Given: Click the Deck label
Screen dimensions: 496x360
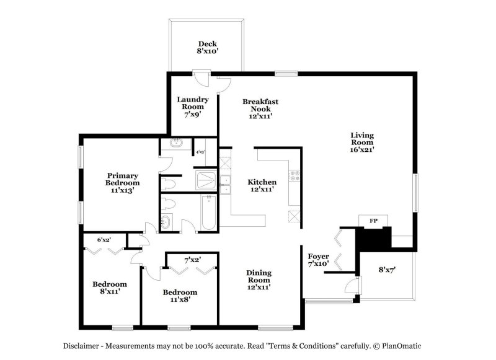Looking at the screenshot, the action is [x=208, y=48].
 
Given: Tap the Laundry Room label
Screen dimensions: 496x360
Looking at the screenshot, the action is [x=193, y=107].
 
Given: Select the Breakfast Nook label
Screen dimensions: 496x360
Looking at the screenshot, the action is [x=260, y=108].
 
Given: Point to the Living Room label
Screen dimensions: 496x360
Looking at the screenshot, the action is [x=362, y=143].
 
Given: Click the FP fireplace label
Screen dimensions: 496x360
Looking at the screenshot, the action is [x=373, y=221].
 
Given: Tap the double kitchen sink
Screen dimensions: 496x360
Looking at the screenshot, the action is [x=226, y=185].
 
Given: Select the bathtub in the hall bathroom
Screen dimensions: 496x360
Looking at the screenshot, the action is [x=208, y=213].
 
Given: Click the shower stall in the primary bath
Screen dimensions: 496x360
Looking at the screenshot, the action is [x=206, y=180].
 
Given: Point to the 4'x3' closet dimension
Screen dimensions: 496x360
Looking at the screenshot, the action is [x=200, y=152].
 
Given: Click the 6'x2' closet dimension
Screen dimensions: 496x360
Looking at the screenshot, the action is [x=104, y=240].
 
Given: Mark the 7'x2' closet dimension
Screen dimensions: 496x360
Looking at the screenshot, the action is [x=193, y=260].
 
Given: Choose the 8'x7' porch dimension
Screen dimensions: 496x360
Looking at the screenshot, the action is [x=387, y=270].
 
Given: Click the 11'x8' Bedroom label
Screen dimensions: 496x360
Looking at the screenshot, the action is [x=180, y=296].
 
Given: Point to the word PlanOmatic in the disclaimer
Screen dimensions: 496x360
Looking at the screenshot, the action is [x=401, y=346].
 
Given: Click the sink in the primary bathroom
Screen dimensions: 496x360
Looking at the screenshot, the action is [x=176, y=143].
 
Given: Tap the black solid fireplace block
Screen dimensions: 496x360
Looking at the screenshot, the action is [x=374, y=238].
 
